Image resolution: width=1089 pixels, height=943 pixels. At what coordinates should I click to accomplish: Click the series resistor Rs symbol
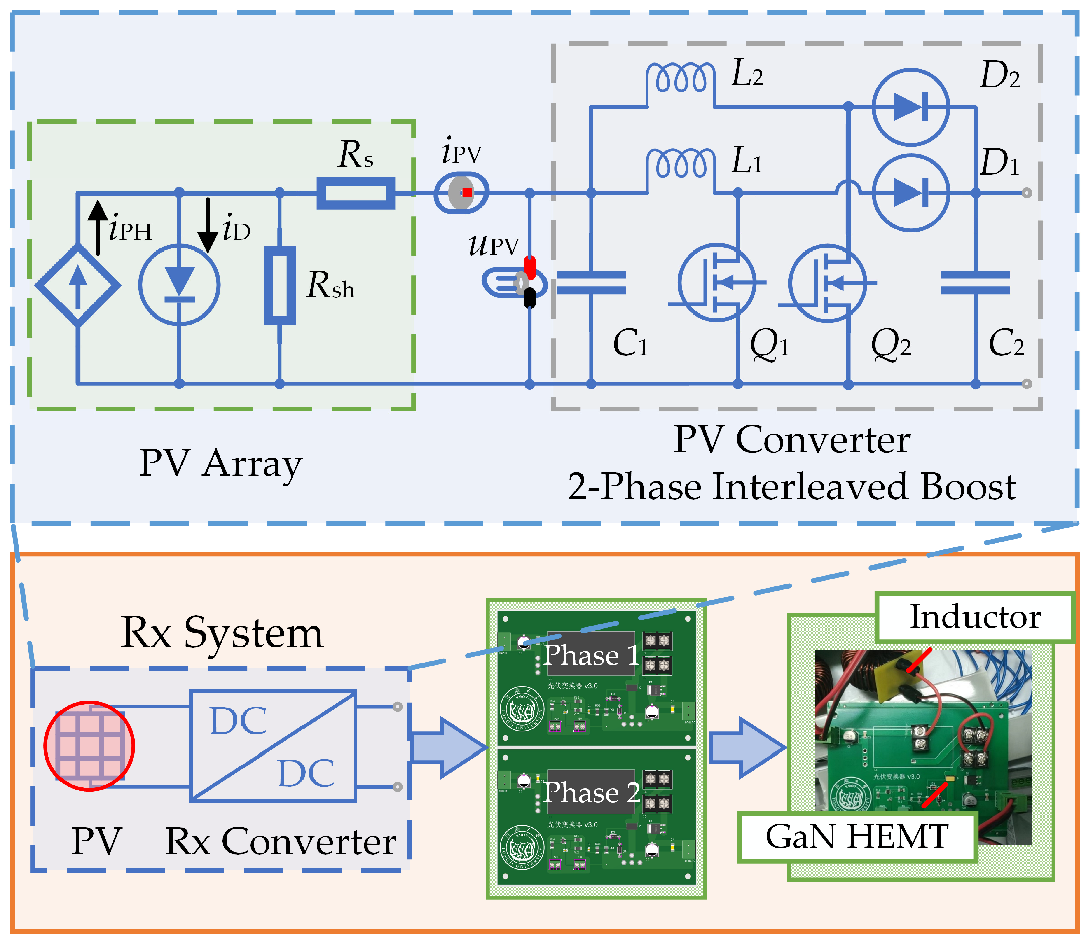tap(355, 193)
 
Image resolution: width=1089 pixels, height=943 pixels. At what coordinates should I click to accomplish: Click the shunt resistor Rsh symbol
tap(279, 285)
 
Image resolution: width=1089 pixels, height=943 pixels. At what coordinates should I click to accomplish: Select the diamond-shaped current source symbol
tap(78, 285)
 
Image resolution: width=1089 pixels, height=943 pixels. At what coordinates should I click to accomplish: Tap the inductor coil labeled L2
tap(680, 79)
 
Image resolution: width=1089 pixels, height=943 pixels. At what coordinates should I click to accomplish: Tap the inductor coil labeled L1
tap(680, 164)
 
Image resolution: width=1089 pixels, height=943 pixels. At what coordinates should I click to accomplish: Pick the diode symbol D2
tap(910, 107)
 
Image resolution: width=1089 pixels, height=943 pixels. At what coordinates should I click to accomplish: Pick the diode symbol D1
tap(910, 193)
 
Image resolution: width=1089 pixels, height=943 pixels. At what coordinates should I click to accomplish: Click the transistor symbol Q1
tap(716, 283)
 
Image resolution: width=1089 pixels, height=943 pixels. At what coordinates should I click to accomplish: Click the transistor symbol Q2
tap(827, 283)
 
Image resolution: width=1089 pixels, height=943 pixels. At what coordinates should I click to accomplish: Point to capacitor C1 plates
tap(591, 283)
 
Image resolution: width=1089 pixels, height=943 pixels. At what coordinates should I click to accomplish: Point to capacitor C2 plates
tap(975, 283)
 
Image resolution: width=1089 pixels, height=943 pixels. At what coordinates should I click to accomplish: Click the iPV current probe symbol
tap(461, 193)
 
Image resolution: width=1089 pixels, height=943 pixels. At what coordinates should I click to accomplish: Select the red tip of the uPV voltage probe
tap(529, 267)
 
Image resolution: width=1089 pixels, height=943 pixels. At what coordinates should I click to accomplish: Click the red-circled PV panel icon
tap(89, 745)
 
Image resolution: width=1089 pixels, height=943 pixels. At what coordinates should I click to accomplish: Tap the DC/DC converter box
tap(273, 745)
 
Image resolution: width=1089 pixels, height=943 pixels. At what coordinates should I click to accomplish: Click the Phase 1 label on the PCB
tap(590, 654)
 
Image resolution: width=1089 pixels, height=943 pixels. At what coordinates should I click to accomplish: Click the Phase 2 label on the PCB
tap(590, 792)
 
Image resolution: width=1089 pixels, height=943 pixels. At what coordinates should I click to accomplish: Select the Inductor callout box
tap(974, 617)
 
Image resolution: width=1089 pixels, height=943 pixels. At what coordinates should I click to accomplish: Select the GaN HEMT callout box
tap(857, 836)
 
